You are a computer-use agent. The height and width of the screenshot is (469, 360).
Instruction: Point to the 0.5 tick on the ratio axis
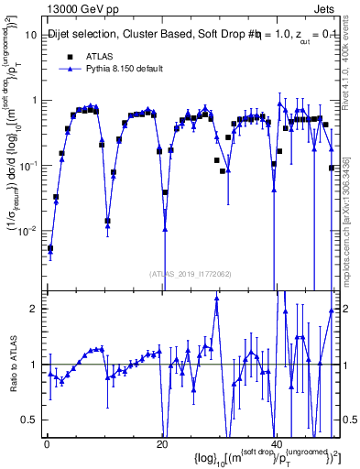coord(29,420)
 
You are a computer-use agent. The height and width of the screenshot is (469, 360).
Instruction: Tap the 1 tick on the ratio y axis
coord(34,365)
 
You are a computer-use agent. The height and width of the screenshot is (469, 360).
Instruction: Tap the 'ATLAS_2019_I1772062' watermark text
coord(190,273)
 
